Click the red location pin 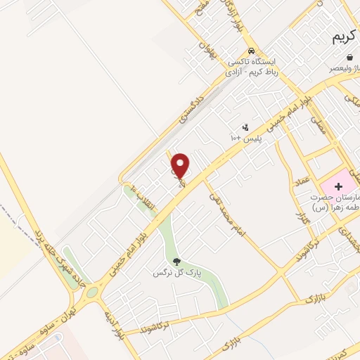pyautogui.click(x=181, y=166)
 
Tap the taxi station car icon pyautogui.click(x=251, y=51)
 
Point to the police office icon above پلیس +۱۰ pyautogui.click(x=245, y=127)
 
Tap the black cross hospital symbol pyautogui.click(x=339, y=186)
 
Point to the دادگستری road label pyautogui.click(x=191, y=105)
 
